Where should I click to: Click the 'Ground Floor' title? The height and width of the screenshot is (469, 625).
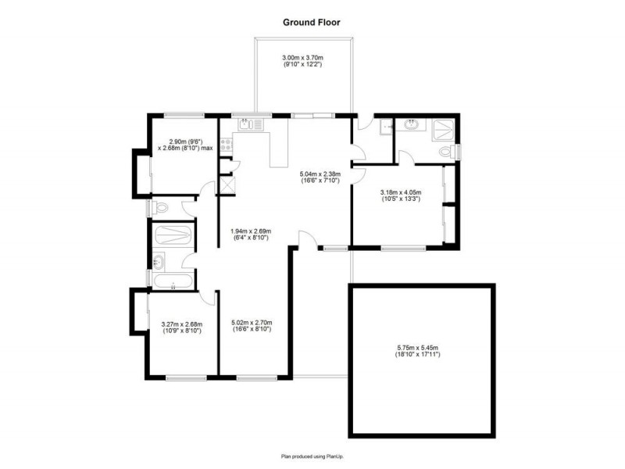(x=312, y=23)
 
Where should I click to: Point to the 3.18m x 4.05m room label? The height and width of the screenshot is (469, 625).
(x=401, y=195)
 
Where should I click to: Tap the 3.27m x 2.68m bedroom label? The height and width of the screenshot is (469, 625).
(x=181, y=327)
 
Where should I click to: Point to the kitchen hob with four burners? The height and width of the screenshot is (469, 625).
(x=227, y=144)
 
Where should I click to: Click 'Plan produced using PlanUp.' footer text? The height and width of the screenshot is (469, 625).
(x=312, y=455)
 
